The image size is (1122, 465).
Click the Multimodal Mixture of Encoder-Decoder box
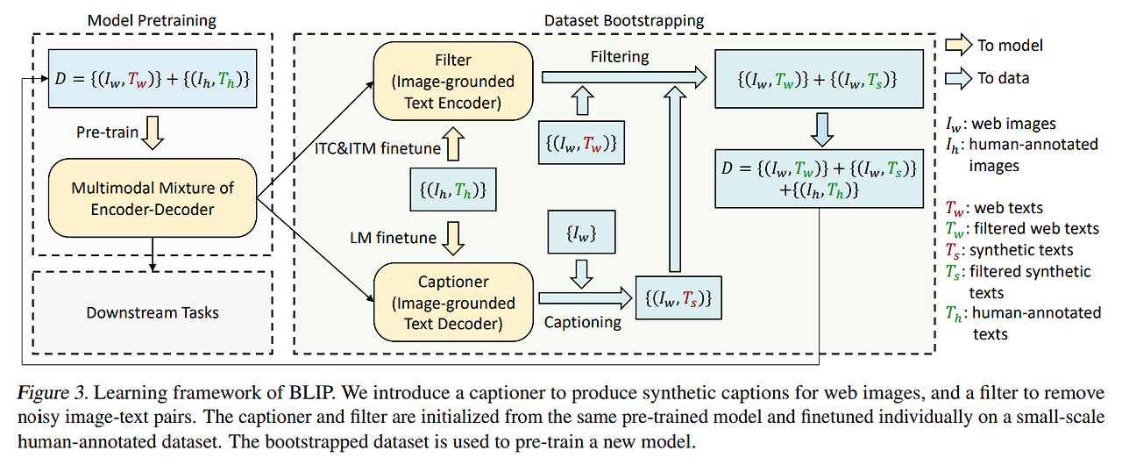pos(153,198)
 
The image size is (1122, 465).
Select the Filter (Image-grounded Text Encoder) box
pos(453,82)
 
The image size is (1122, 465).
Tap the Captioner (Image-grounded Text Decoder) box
pos(453,302)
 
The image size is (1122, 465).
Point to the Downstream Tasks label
pos(153,312)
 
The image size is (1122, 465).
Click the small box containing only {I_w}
pos(581,232)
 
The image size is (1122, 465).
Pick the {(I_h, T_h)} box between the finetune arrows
pos(453,190)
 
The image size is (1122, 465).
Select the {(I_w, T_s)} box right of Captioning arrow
pos(678,297)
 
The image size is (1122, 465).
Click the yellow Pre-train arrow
pos(153,132)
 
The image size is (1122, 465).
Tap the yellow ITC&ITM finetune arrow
pos(453,144)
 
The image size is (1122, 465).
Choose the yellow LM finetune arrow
pos(453,239)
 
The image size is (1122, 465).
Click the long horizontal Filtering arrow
pos(624,78)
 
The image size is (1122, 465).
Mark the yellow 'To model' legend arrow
pos(958,45)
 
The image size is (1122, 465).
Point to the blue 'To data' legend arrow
pos(958,78)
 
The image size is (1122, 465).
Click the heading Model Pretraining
pos(152,20)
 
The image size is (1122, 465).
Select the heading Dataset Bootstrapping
pos(624,20)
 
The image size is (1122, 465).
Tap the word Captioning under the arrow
pos(583,322)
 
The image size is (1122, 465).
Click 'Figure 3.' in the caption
pos(53,392)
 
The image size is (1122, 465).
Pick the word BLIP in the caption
pos(311,392)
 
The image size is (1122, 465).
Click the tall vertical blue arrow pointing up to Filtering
pos(675,179)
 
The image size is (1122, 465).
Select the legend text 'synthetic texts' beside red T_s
pos(1021,249)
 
